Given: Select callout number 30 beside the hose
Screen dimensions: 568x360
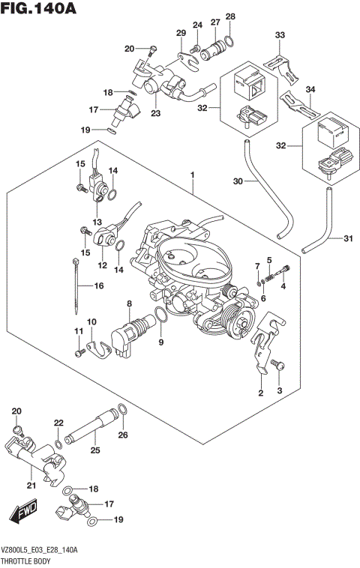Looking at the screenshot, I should (238, 182).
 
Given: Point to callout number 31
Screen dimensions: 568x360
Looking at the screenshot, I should (346, 239).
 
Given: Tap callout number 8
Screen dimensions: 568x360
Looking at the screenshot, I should (129, 303).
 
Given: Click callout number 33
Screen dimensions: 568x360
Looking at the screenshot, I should (280, 35).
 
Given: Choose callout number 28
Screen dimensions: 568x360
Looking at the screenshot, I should (230, 16).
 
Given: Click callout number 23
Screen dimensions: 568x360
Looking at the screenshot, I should (156, 114).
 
